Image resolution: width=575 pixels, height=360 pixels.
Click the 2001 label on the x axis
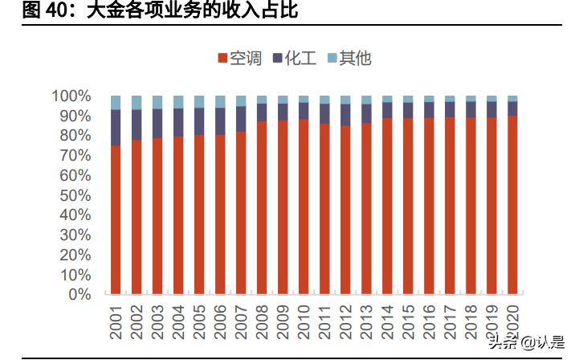click(x=116, y=317)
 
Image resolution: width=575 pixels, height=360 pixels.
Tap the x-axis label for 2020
click(x=512, y=317)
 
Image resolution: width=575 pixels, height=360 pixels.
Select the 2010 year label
click(x=304, y=317)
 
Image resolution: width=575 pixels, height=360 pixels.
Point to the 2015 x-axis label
click(x=408, y=317)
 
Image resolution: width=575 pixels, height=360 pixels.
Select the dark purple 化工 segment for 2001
click(x=116, y=127)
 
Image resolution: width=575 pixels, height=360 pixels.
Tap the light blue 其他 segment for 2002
click(x=137, y=102)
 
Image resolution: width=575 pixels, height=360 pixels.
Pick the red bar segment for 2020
click(x=512, y=205)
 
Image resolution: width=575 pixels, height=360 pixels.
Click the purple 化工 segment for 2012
click(x=345, y=114)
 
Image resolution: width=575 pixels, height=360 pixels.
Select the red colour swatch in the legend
click(x=222, y=58)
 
